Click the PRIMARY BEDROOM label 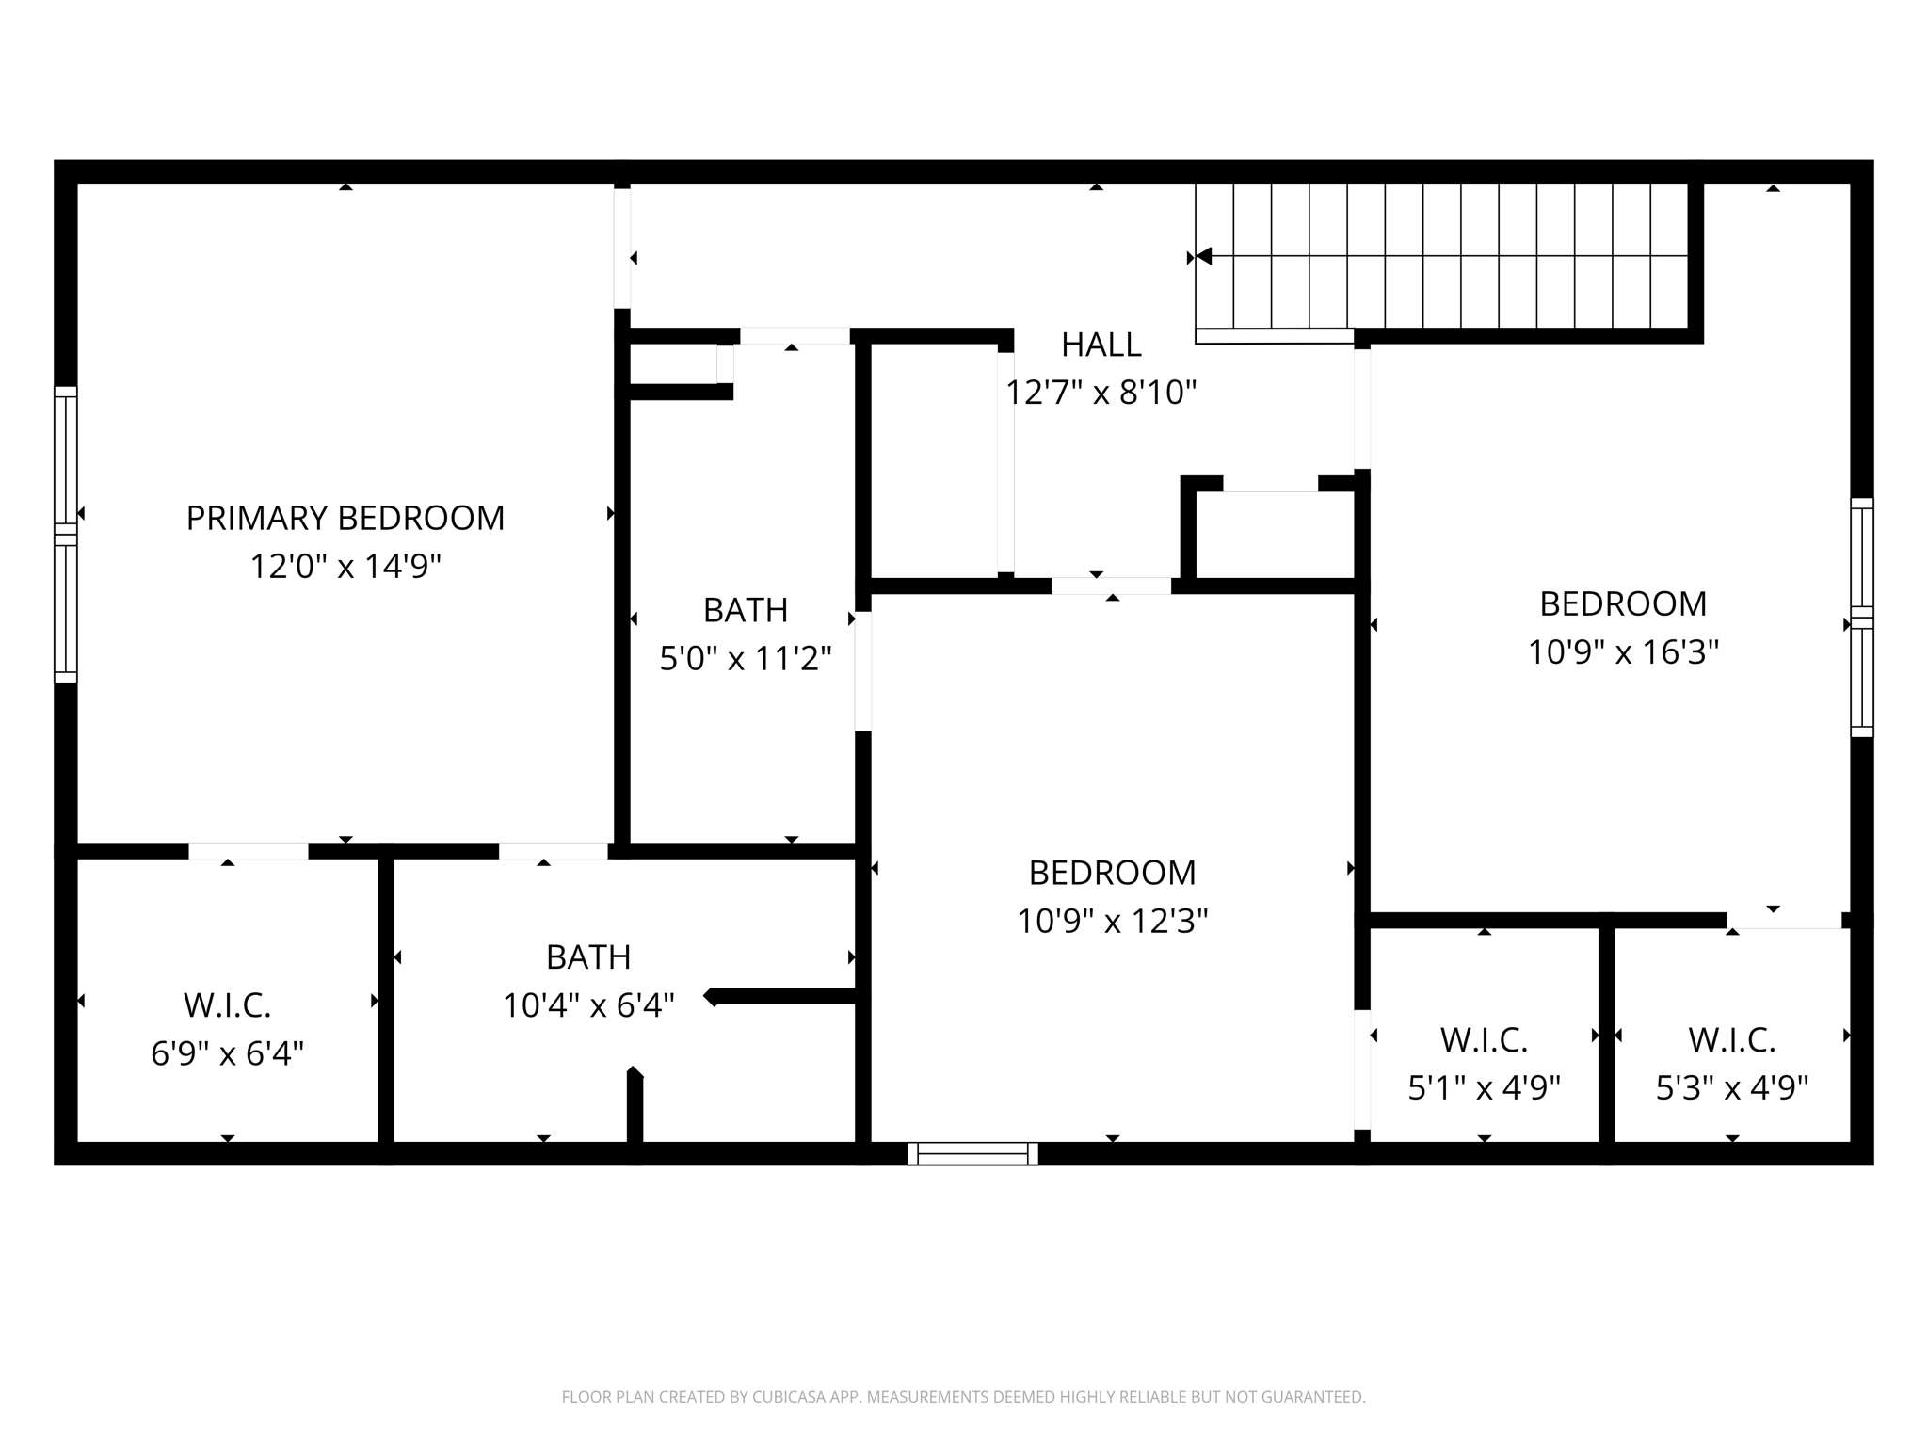(x=345, y=518)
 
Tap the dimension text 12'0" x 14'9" (x=345, y=567)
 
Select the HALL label (x=1101, y=345)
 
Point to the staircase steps (x=1440, y=254)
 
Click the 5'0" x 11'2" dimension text (x=745, y=658)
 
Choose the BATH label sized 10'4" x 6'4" (x=587, y=957)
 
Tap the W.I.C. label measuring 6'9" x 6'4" (x=227, y=1005)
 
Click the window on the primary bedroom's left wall (x=65, y=534)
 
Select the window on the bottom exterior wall (x=972, y=1153)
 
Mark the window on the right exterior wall (x=1861, y=618)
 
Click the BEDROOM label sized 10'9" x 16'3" (x=1622, y=603)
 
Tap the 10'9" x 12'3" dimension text (x=1112, y=921)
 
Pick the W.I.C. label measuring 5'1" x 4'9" (x=1484, y=1040)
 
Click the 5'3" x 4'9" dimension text (x=1731, y=1088)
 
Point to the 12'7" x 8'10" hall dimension (x=1101, y=393)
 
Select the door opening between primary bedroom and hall (x=622, y=248)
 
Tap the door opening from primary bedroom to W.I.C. (x=249, y=851)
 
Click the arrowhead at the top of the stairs (x=1202, y=256)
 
